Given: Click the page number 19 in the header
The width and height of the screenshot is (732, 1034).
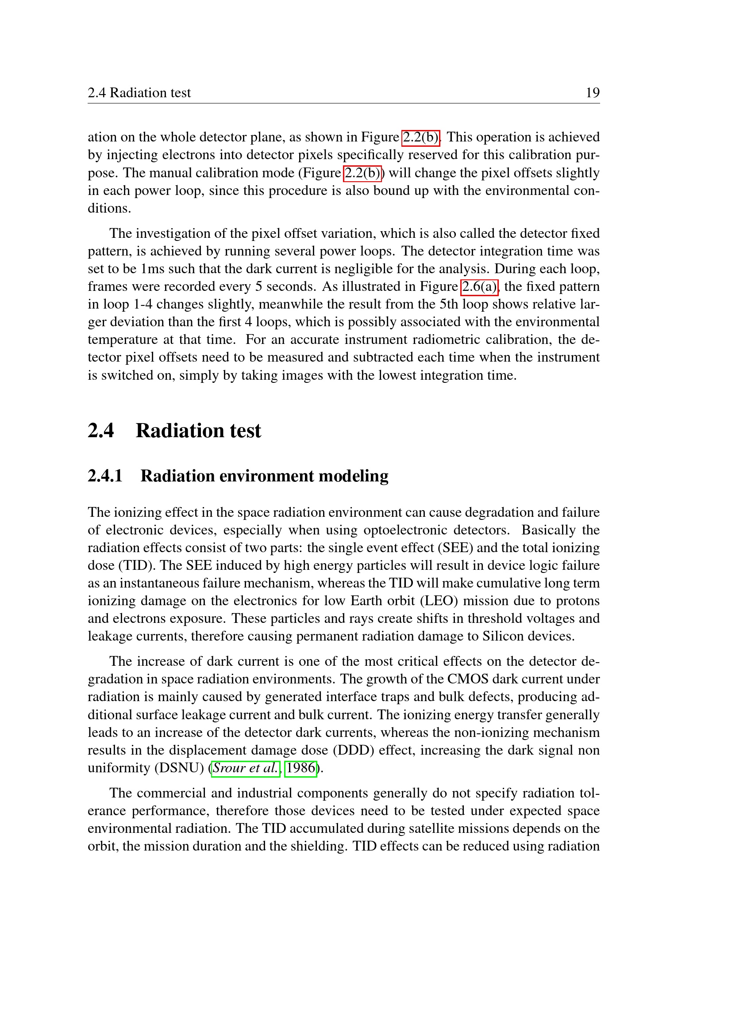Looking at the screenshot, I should (592, 93).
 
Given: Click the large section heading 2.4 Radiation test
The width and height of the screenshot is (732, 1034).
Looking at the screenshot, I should (174, 431).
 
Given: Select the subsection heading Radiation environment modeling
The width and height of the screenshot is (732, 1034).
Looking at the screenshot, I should (264, 476).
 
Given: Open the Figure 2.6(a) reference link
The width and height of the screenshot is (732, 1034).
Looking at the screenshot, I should (479, 286).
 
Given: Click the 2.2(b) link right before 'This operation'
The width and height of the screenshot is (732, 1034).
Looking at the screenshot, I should (420, 137).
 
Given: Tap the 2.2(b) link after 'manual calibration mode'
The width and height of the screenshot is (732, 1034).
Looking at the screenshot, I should (362, 173).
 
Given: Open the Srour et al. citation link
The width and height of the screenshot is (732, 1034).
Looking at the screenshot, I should (246, 768).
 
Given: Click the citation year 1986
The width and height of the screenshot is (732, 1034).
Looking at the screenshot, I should (301, 768).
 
